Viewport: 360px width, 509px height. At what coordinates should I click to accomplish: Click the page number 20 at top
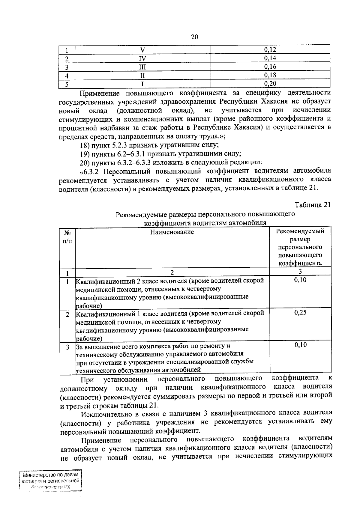[x=194, y=37]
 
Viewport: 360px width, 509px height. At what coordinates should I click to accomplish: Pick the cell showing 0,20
[x=270, y=84]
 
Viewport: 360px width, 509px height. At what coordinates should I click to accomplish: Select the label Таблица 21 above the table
[x=312, y=205]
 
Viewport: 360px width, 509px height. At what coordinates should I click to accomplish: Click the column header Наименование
[x=172, y=232]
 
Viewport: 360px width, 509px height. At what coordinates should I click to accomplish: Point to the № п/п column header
[x=67, y=236]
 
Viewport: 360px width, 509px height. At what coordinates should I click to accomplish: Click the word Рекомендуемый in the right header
[x=300, y=231]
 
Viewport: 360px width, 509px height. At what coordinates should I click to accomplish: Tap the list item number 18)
[x=85, y=145]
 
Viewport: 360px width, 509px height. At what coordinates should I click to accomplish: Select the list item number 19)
[x=85, y=154]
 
